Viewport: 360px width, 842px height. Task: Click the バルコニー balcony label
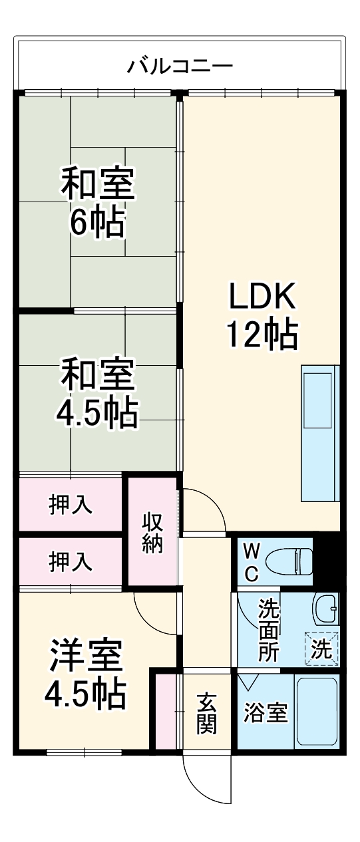point(180,67)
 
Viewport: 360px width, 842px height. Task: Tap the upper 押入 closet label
point(71,505)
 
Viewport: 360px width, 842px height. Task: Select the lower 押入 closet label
point(71,563)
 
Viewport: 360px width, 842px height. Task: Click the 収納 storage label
point(152,532)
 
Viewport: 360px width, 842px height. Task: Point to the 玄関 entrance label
point(206,713)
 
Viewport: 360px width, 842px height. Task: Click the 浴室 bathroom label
point(265,714)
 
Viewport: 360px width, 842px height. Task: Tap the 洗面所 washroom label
point(269,629)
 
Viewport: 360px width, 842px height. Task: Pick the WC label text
point(252,563)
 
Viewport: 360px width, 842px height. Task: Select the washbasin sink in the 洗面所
point(326,606)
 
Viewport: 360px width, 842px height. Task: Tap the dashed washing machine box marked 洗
point(322,648)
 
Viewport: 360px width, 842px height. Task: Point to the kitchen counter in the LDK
point(320,433)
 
